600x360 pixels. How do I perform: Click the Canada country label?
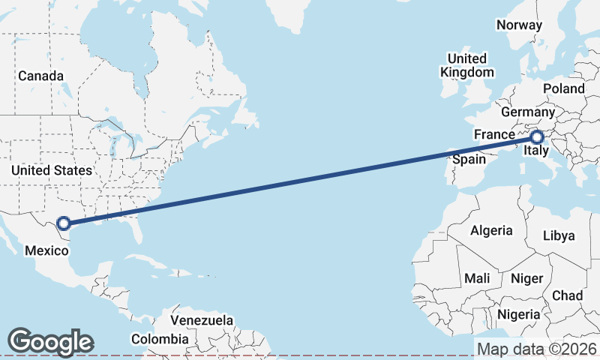click(x=40, y=76)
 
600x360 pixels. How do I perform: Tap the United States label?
click(x=51, y=170)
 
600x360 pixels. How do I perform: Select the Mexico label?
click(x=46, y=250)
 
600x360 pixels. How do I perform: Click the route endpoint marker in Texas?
click(x=64, y=223)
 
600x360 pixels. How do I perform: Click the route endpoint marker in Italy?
click(x=537, y=137)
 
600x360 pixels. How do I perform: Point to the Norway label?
click(x=519, y=25)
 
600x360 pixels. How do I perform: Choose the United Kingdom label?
click(x=467, y=65)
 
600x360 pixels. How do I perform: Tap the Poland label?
click(x=564, y=88)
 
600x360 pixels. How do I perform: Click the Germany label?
click(x=527, y=111)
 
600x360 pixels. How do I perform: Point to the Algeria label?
click(x=491, y=231)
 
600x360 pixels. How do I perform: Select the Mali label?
click(x=477, y=278)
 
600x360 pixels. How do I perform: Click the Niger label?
click(x=526, y=278)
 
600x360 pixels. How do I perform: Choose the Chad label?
click(x=567, y=295)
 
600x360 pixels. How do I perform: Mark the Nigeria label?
click(x=518, y=313)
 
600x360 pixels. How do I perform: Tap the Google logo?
click(x=50, y=342)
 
